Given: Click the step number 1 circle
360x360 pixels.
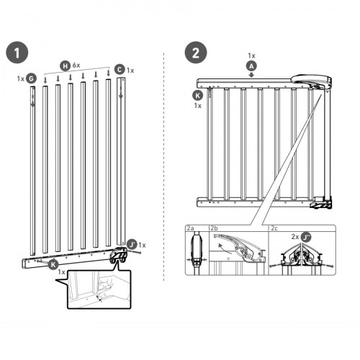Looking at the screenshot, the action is pyautogui.click(x=17, y=53).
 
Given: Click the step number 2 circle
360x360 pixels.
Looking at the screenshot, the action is pyautogui.click(x=196, y=53).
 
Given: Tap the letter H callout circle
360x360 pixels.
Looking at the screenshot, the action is pyautogui.click(x=65, y=66).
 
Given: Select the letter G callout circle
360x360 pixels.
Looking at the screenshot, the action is pyautogui.click(x=31, y=78).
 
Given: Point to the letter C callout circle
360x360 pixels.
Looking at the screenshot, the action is pyautogui.click(x=120, y=70).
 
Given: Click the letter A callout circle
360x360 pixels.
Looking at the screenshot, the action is pyautogui.click(x=251, y=66).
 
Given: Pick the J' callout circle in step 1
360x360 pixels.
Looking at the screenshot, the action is pyautogui.click(x=132, y=245).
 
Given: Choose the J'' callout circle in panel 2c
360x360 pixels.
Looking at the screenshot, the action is pyautogui.click(x=306, y=237).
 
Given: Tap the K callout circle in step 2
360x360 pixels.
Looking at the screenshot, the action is pyautogui.click(x=197, y=96).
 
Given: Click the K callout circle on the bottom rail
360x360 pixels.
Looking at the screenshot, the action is pyautogui.click(x=53, y=265).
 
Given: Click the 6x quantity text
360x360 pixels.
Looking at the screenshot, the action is pyautogui.click(x=76, y=65).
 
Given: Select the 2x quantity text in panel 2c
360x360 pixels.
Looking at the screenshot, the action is pyautogui.click(x=295, y=237).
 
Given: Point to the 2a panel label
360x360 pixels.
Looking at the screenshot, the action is pyautogui.click(x=190, y=228).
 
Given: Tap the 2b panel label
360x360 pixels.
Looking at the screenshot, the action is pyautogui.click(x=214, y=228).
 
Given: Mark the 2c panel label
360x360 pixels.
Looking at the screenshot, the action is pyautogui.click(x=274, y=228).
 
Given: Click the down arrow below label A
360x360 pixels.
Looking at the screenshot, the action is pyautogui.click(x=251, y=75).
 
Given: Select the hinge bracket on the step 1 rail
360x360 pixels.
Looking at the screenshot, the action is pyautogui.click(x=118, y=256).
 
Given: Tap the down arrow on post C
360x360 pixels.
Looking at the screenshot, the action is pyautogui.click(x=121, y=92).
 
